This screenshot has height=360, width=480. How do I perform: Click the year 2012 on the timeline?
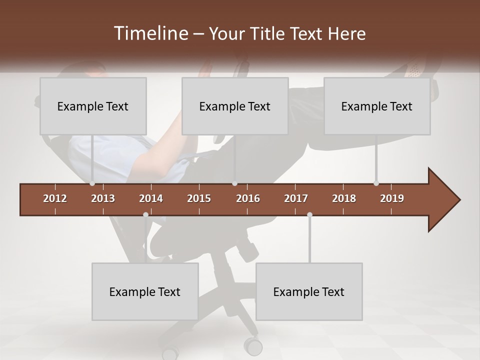tap(55, 198)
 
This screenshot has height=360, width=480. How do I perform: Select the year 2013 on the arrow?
tap(103, 198)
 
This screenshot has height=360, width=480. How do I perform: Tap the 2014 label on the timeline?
tap(151, 198)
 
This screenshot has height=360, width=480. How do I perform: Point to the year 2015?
tap(199, 198)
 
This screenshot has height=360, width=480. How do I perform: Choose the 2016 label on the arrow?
tap(248, 198)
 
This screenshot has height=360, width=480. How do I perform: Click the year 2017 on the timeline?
tap(296, 198)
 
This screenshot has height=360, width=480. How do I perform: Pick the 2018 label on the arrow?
tap(344, 198)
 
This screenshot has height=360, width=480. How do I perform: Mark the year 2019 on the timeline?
tap(392, 198)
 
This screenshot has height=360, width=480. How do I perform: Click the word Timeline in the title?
tap(150, 33)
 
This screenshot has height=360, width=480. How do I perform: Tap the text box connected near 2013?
tap(93, 106)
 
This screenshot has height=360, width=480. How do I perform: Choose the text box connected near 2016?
tap(235, 106)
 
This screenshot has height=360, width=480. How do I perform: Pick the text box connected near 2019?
tap(377, 106)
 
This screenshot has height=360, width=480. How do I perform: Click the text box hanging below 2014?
tap(145, 291)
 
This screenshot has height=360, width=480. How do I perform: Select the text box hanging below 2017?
tap(309, 291)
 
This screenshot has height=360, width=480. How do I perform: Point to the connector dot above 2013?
tap(92, 183)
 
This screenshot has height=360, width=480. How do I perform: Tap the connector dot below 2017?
tap(309, 214)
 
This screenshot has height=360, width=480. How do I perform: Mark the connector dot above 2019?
tap(376, 183)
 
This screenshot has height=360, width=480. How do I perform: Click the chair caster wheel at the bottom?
tap(253, 345)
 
